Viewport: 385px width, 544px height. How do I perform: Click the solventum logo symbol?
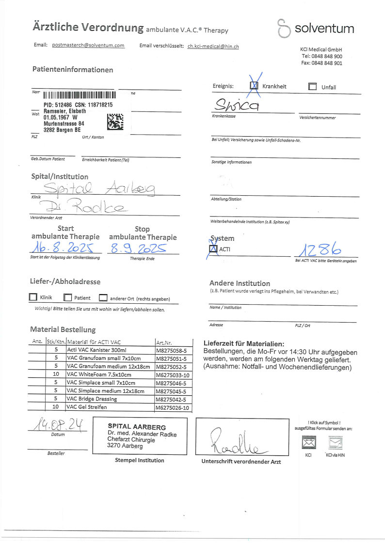[283, 29]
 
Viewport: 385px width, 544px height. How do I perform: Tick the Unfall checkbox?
[312, 87]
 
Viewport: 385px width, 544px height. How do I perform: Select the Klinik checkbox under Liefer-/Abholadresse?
[33, 297]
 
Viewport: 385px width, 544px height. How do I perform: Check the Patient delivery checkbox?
[68, 298]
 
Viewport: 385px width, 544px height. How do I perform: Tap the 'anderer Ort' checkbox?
[103, 298]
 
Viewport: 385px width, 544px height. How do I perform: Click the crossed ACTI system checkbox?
[213, 249]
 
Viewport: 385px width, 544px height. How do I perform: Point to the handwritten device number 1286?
[320, 249]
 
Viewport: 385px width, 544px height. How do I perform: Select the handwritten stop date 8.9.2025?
[138, 249]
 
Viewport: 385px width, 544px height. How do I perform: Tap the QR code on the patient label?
[115, 121]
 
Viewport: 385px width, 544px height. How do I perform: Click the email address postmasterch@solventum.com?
[88, 46]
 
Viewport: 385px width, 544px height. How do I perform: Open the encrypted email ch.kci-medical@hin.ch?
[213, 47]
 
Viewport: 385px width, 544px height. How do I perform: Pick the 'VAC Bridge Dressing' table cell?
[92, 399]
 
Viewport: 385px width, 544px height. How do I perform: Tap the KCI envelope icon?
[309, 442]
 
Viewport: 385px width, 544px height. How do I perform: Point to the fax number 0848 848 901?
[328, 63]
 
